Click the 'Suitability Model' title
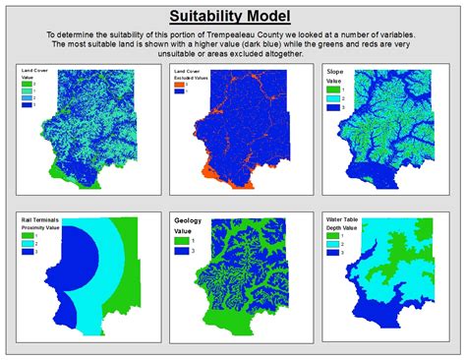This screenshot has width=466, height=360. click(233, 17)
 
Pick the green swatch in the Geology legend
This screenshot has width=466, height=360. click(180, 238)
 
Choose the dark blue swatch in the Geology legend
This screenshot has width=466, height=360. click(180, 251)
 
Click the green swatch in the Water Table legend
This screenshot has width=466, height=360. click(330, 235)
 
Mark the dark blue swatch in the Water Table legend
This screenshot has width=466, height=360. click(330, 252)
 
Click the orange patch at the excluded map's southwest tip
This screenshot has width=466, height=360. click(209, 175)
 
